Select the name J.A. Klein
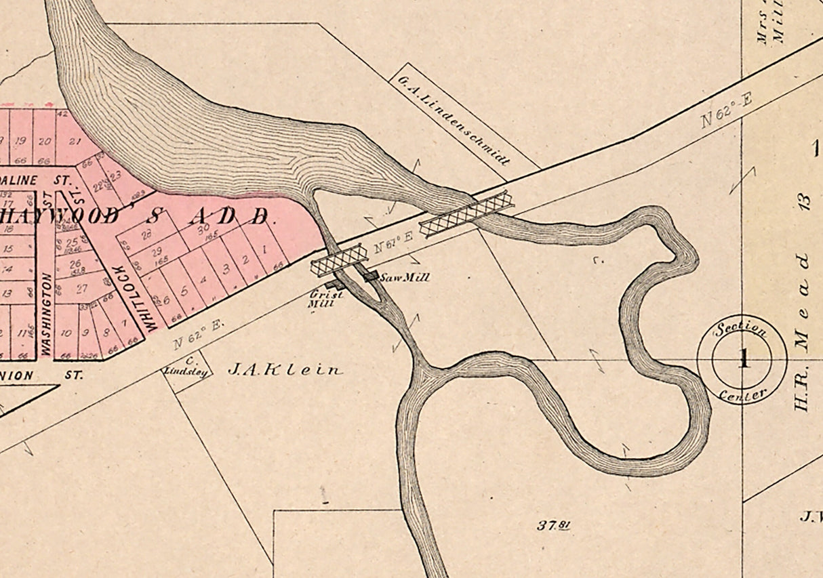[x=285, y=370]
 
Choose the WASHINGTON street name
[x=46, y=314]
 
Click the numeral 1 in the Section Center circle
[x=743, y=359]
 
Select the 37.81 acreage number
[x=553, y=524]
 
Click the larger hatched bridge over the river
[x=466, y=214]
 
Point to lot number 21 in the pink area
[x=75, y=141]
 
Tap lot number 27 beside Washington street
[x=81, y=289]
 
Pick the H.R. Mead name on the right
[x=803, y=332]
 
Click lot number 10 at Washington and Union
[x=66, y=333]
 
